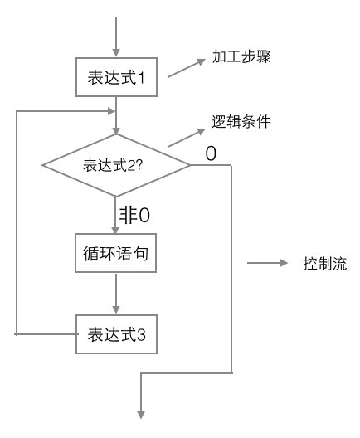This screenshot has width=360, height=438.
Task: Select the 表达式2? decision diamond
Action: (116, 165)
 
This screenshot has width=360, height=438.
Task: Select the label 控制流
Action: (324, 265)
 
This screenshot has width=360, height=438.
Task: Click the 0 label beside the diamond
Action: (211, 154)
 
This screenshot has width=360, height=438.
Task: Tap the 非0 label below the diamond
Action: (134, 216)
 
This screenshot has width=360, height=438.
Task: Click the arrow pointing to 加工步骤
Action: (187, 69)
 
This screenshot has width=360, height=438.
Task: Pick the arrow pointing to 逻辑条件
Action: (187, 138)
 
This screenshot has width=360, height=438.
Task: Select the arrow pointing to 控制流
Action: (267, 265)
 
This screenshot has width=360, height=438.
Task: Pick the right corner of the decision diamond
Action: (190, 165)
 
